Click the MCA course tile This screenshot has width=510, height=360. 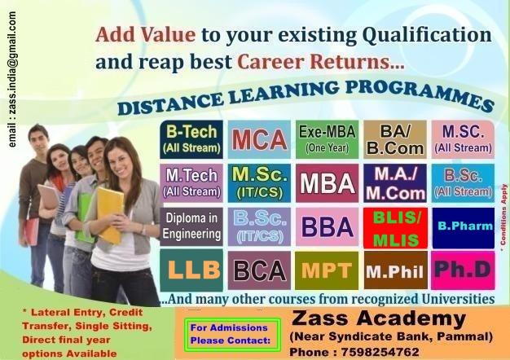(259, 139)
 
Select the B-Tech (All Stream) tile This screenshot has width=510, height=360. (191, 139)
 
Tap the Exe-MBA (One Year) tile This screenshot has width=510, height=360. (327, 139)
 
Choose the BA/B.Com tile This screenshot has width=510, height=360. (395, 139)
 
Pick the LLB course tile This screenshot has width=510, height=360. (191, 270)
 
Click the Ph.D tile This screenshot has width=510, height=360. (463, 270)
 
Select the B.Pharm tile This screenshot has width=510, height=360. (464, 227)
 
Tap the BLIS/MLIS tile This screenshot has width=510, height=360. (395, 227)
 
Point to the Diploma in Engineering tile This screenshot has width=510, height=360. (191, 226)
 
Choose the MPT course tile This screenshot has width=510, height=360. (327, 270)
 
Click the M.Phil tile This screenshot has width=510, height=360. (395, 270)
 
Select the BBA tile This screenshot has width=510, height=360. (327, 226)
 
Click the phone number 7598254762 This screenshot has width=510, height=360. (380, 352)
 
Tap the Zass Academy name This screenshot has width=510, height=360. (379, 318)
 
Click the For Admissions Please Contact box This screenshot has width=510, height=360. (232, 334)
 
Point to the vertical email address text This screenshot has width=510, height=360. (12, 80)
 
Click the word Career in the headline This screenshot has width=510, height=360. (270, 61)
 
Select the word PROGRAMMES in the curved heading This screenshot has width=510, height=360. (420, 94)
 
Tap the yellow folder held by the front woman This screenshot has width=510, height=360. (110, 215)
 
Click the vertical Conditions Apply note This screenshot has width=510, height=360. (503, 217)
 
